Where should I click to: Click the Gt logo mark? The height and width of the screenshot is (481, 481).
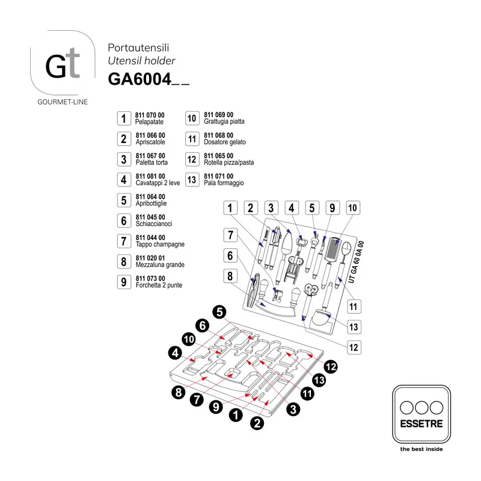pos(63,64)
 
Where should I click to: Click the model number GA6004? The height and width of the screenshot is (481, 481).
pos(139,79)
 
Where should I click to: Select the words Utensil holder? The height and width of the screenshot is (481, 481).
pos(141,61)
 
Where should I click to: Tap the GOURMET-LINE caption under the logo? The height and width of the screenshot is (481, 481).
pos(63,102)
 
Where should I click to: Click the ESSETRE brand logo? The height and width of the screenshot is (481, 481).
pos(421,414)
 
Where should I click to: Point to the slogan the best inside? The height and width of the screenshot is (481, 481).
pos(421,449)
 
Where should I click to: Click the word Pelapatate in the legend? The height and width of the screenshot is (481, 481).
pos(149,122)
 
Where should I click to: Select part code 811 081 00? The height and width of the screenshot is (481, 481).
pos(150,176)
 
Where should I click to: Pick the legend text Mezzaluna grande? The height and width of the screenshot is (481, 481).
pos(160,265)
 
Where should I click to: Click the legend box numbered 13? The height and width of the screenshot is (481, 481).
pos(192,180)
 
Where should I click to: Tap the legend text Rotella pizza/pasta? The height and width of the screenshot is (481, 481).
pos(229,162)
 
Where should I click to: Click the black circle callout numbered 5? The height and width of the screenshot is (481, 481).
pos(219,312)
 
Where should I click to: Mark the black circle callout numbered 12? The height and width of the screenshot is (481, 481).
pos(330,367)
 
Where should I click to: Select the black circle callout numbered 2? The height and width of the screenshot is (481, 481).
pos(257,423)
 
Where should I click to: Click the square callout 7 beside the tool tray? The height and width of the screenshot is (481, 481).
pos(230,235)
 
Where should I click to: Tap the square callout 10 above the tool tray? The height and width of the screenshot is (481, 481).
pos(353,208)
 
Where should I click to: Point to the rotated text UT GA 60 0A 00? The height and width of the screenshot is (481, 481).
pos(356,262)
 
